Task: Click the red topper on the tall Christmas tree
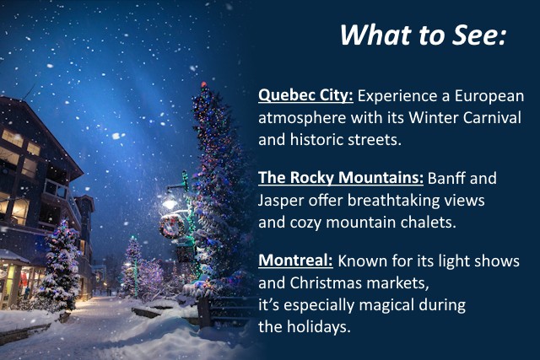pos(203,86)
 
